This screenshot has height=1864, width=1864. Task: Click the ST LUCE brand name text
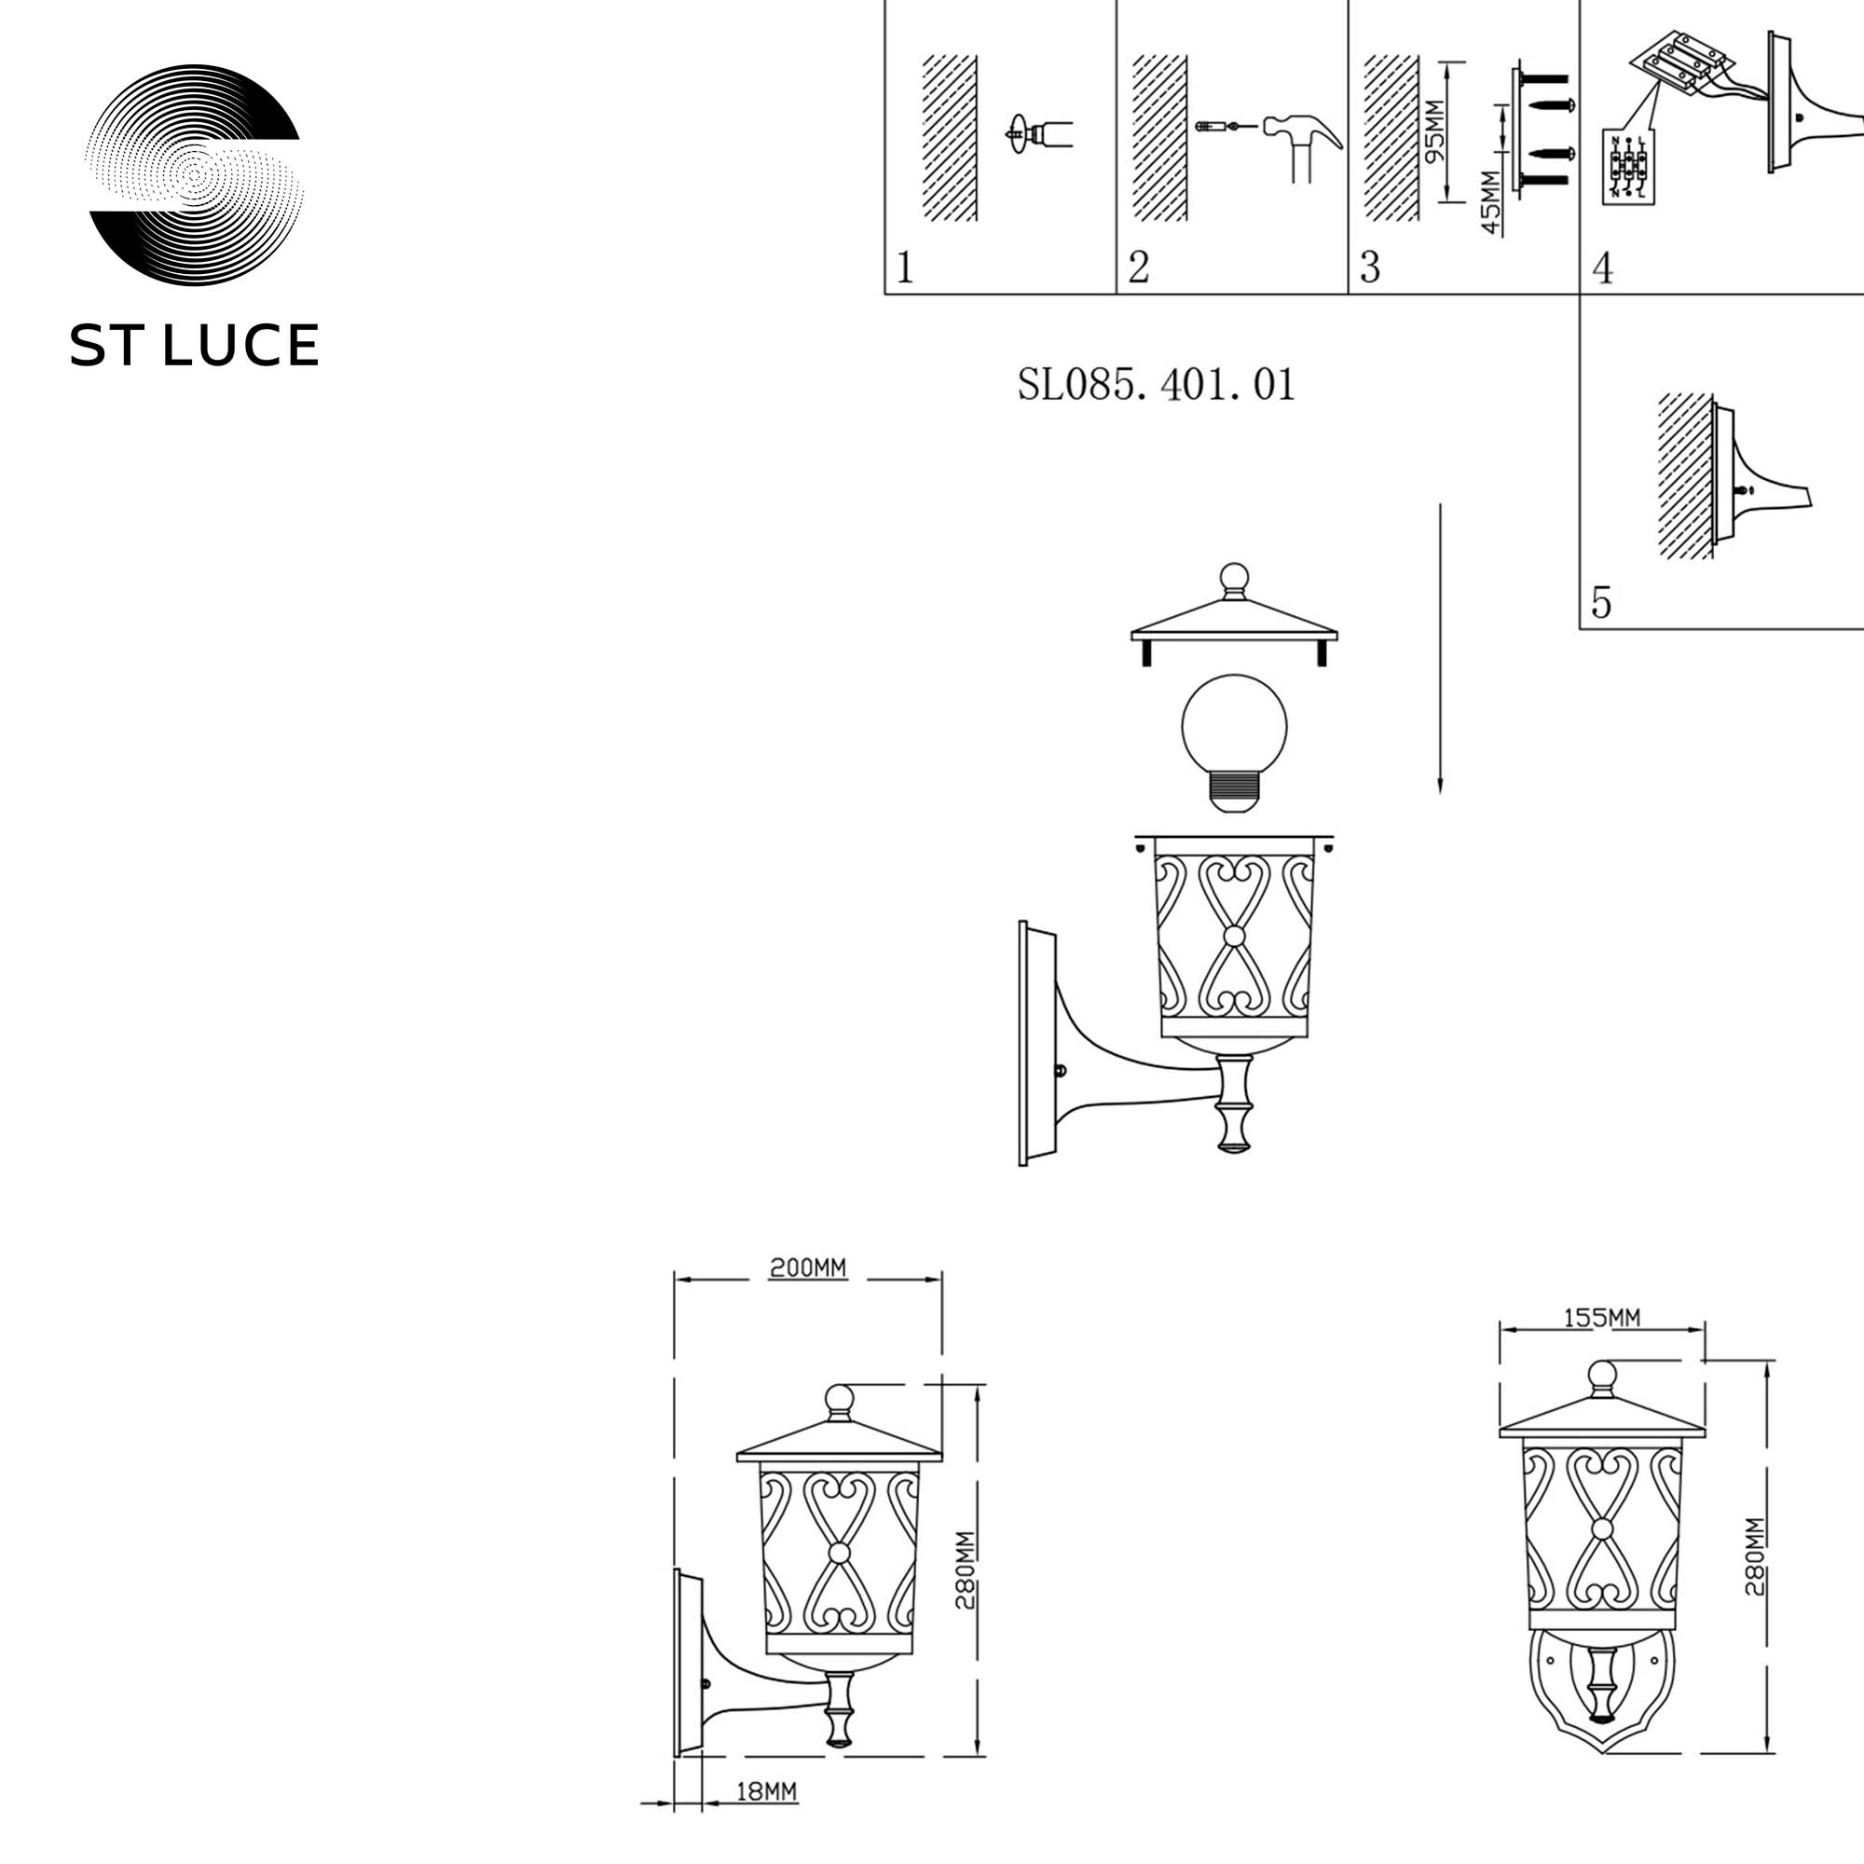(194, 346)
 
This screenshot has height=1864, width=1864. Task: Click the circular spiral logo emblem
(194, 174)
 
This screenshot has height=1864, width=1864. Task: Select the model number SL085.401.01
(1156, 385)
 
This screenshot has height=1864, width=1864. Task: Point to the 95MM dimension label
(1434, 131)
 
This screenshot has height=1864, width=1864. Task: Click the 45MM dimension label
(1490, 202)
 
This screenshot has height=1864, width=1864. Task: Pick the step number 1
(904, 267)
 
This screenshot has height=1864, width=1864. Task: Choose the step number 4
(1602, 267)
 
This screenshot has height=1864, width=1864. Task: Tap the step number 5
(1601, 602)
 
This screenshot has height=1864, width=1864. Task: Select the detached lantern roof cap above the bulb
(1234, 618)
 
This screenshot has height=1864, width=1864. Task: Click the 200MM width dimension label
(807, 1268)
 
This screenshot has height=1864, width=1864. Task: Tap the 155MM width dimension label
(1601, 1317)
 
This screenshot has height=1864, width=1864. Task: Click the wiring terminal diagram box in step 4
(1627, 167)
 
